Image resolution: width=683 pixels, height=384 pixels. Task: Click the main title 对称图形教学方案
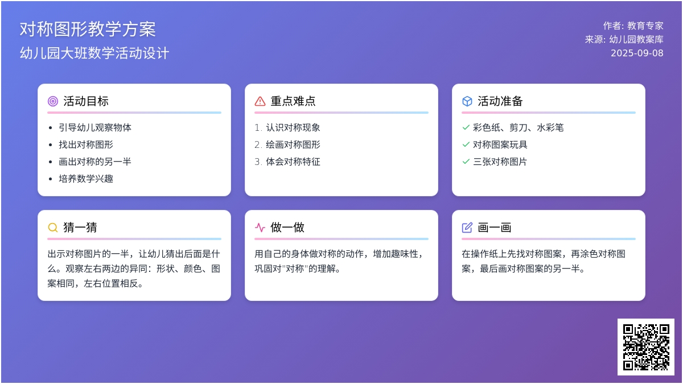[88, 29]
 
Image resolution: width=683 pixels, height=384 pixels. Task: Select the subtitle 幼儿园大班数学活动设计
[94, 53]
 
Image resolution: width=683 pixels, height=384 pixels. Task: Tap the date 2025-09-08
[637, 53]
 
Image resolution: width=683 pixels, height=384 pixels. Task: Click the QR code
[646, 347]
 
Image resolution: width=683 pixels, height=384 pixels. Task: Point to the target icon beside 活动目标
[53, 101]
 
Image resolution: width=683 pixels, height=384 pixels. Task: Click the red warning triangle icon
[260, 101]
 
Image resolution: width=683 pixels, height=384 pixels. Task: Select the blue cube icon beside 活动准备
[467, 101]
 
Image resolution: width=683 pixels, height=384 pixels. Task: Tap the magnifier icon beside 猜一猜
[53, 228]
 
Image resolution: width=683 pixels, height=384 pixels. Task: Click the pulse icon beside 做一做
[260, 228]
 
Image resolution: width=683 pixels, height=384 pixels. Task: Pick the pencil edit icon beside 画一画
[467, 228]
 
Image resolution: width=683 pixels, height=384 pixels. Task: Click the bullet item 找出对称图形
[86, 144]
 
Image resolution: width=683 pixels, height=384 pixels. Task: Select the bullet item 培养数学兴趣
[86, 179]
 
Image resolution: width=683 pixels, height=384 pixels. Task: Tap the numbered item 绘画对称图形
[293, 144]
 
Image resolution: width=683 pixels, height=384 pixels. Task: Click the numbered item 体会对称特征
[293, 162]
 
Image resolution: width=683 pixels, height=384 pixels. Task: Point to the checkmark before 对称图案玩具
[466, 144]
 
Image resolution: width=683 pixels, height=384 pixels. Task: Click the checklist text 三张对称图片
[500, 162]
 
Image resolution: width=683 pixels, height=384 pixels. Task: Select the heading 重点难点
[293, 101]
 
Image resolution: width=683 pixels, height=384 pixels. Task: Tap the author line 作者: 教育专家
[633, 26]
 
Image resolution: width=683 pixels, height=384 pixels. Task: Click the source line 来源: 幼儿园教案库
[624, 39]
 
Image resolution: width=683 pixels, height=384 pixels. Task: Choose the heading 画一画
[495, 228]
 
